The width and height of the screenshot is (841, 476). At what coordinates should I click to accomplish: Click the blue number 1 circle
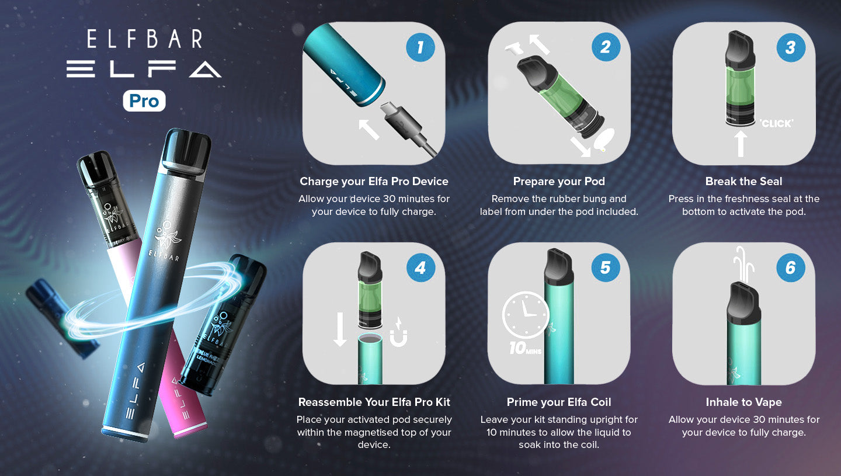[420, 47]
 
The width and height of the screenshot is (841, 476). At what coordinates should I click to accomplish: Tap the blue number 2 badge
[606, 47]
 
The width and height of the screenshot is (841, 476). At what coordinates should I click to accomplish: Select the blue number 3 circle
[791, 47]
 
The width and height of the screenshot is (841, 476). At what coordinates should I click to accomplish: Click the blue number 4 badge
[420, 267]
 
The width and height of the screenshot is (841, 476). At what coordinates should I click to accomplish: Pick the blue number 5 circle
[606, 267]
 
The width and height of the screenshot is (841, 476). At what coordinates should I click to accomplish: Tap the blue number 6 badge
[791, 267]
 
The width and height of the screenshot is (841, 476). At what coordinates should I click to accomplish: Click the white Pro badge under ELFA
[144, 100]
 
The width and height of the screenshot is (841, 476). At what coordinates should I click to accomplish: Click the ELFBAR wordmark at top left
[145, 39]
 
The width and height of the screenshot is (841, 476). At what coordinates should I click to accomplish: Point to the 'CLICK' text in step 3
[776, 123]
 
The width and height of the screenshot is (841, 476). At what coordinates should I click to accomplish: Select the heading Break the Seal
[744, 181]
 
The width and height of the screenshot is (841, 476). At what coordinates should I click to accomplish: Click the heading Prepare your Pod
[559, 181]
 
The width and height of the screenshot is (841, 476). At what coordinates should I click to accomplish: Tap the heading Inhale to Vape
[744, 402]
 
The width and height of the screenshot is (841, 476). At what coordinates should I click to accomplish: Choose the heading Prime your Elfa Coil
[559, 402]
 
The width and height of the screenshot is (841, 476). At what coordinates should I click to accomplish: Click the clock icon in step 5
[526, 315]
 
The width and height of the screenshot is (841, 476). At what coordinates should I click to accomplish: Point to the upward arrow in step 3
[741, 144]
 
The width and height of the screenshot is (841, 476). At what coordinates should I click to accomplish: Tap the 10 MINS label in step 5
[525, 348]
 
